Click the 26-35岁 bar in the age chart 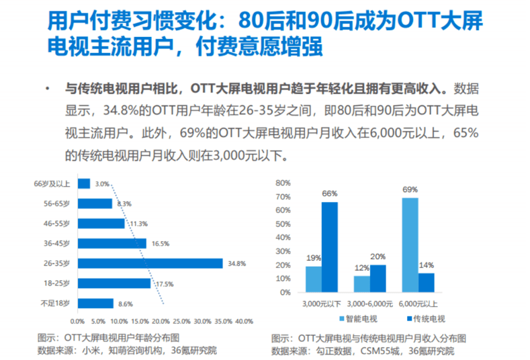tap(150, 263)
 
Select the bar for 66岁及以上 tap(84, 183)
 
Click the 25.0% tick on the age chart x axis tap(182, 320)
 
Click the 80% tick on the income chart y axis tap(282, 183)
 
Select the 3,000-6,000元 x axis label tap(370, 304)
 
